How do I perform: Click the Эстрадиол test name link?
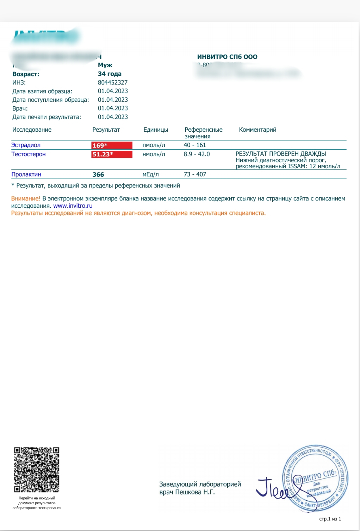(x=26, y=145)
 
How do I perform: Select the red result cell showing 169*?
(x=112, y=145)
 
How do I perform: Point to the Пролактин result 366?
(x=98, y=175)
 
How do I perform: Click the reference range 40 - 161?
(x=195, y=145)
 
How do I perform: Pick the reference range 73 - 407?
(x=195, y=174)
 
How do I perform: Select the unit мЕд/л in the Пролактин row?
(x=150, y=174)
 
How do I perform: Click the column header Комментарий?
(x=257, y=130)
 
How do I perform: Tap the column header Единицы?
(x=156, y=130)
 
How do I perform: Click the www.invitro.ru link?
(x=73, y=206)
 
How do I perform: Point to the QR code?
(x=36, y=469)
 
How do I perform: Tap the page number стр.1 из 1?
(x=330, y=519)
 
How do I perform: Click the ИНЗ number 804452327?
(x=113, y=82)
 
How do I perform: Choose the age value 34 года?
(x=110, y=74)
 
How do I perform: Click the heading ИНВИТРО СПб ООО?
(x=227, y=57)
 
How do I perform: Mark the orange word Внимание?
(x=26, y=199)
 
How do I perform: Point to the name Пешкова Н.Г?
(x=195, y=492)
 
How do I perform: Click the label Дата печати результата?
(x=46, y=117)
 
